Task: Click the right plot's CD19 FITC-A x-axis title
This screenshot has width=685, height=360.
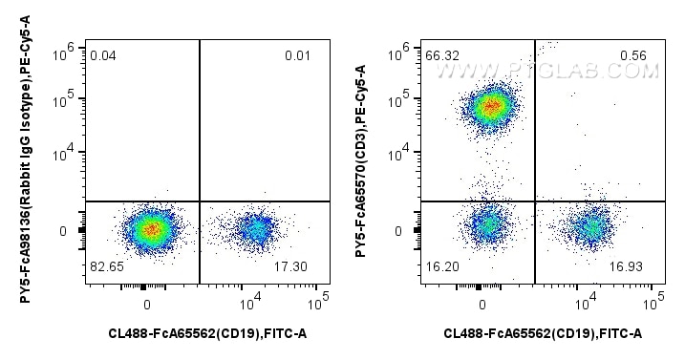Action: [542, 332]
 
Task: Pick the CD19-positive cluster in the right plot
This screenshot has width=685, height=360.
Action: [591, 228]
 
